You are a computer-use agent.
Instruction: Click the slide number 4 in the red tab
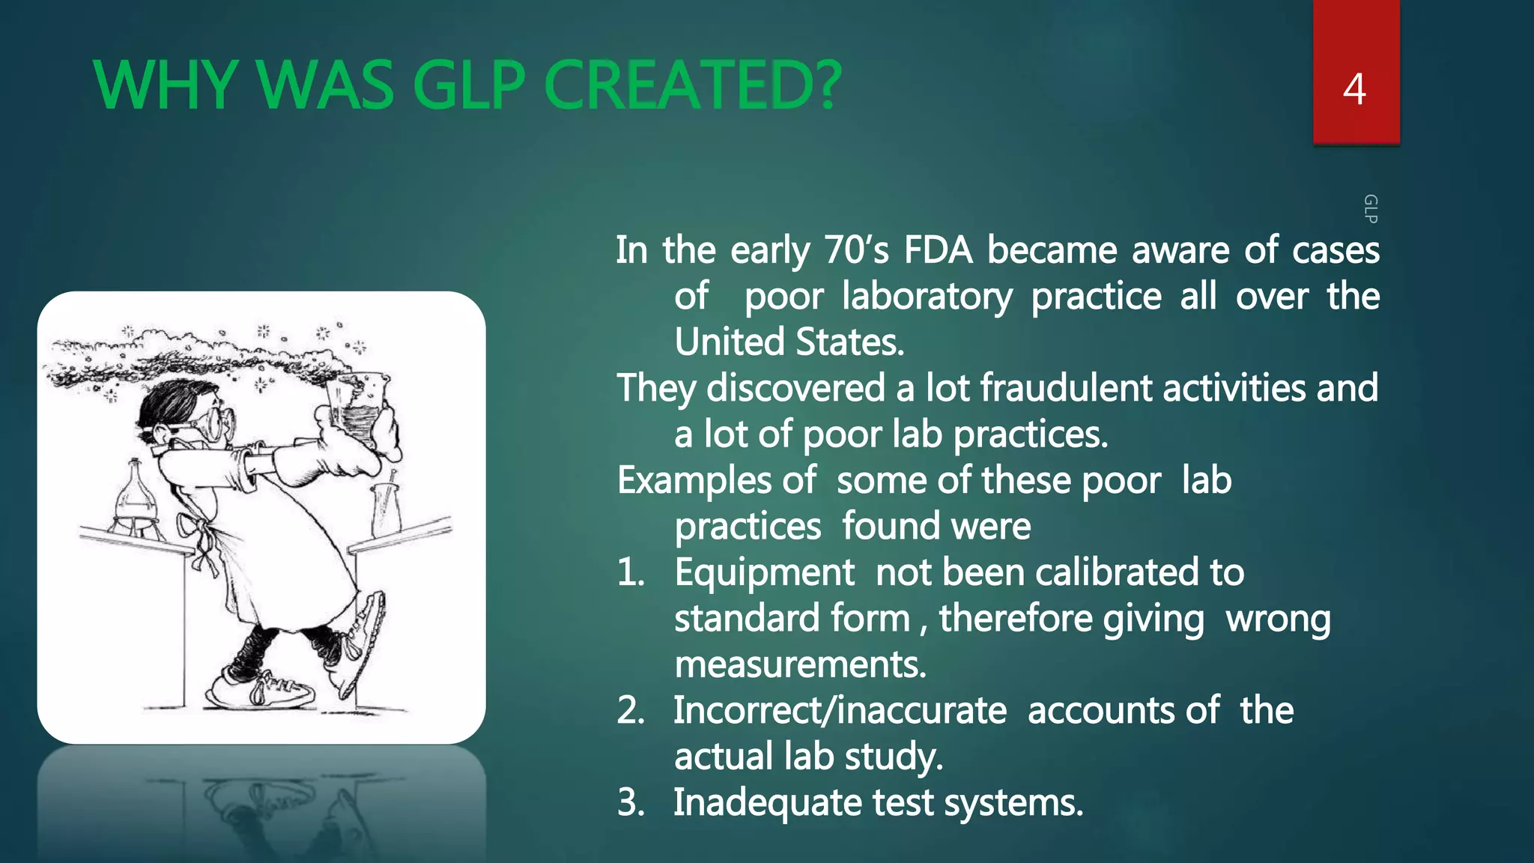1354,89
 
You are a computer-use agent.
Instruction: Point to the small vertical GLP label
1370,209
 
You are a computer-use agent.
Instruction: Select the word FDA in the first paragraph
938,250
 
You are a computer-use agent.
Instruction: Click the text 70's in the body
856,250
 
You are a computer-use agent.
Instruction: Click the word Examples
694,480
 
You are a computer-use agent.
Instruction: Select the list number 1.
630,573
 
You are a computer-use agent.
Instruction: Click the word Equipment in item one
764,573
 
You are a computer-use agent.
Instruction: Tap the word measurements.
800,664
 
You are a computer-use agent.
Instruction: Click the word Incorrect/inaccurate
840,711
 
